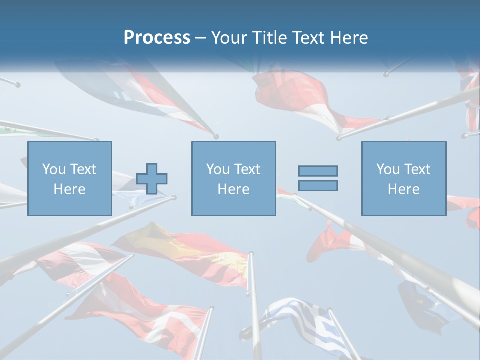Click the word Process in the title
click(x=157, y=38)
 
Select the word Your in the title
click(x=229, y=38)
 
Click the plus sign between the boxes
click(x=152, y=178)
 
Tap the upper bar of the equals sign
click(x=318, y=171)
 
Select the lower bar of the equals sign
click(x=318, y=185)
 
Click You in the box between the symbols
click(x=218, y=169)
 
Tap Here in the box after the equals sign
click(x=403, y=189)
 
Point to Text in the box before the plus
click(x=83, y=169)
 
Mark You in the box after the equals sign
click(x=388, y=169)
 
